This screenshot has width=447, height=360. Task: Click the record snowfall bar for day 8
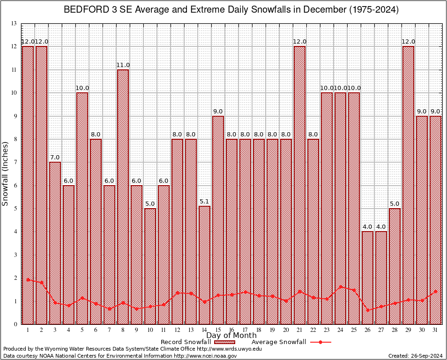[x=123, y=197]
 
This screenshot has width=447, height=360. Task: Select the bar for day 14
[x=204, y=265]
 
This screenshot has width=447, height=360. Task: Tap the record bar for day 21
[x=299, y=185]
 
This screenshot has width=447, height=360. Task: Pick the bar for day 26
[x=367, y=277]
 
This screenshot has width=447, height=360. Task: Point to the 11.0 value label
[x=123, y=65]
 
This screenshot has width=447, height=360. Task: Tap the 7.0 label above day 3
[x=55, y=157]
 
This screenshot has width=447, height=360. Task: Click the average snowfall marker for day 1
[x=28, y=280]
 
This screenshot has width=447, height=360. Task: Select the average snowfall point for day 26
[x=368, y=310]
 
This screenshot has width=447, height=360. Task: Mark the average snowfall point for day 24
[x=341, y=287]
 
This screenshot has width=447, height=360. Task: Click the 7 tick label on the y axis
[x=15, y=162]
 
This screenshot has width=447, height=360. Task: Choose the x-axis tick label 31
[x=436, y=330]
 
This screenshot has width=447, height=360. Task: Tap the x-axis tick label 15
[x=218, y=330]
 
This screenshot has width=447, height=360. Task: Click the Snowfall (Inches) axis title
[x=6, y=173]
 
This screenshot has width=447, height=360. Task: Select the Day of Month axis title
[x=231, y=336]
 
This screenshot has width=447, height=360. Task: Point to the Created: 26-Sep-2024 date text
[x=415, y=356]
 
